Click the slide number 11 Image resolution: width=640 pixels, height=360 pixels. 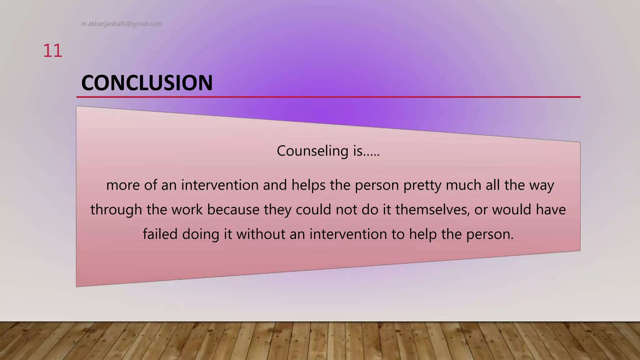(52, 51)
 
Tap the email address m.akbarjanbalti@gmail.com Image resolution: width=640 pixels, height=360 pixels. (122, 24)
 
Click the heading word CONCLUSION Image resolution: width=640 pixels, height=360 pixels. (147, 83)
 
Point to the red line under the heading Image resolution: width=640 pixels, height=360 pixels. (328, 97)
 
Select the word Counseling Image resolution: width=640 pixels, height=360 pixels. (312, 151)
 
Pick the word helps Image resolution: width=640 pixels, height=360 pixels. (308, 185)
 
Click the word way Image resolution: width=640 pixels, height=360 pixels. (542, 185)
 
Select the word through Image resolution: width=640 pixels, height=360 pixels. (116, 210)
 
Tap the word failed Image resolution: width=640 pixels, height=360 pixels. (160, 234)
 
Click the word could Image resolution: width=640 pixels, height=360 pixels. (313, 210)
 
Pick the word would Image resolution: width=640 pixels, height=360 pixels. (512, 210)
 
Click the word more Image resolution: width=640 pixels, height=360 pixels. (123, 185)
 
